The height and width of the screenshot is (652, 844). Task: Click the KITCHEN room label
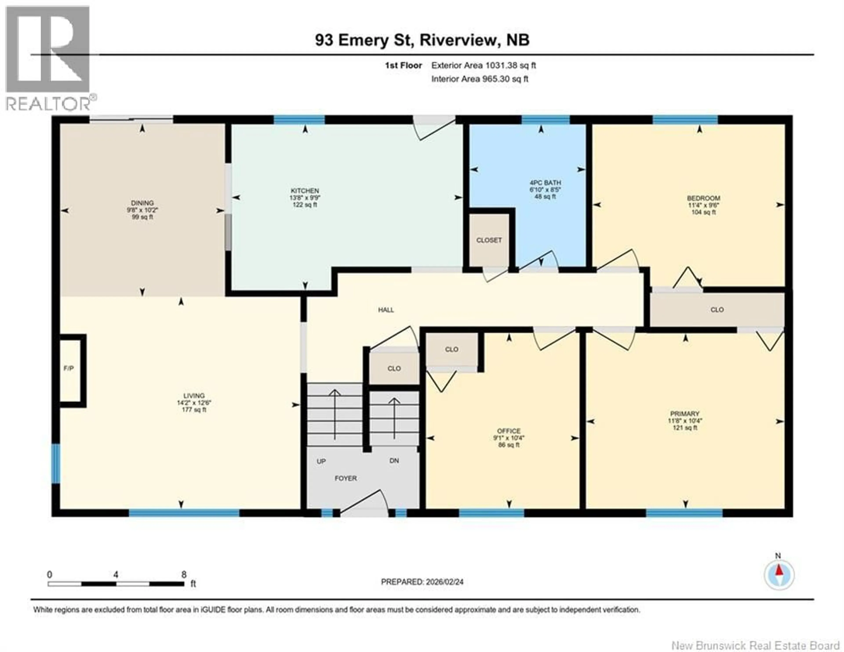coord(305,191)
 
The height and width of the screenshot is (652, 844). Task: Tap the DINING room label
coord(142,203)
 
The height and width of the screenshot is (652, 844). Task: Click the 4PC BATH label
coord(545,183)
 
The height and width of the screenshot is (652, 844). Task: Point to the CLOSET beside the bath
coord(489,240)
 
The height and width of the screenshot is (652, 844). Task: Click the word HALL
coord(386,310)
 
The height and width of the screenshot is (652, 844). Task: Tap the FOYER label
coord(346,478)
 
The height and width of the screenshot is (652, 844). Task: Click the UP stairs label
coord(321,461)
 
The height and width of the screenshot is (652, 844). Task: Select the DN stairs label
coord(394,461)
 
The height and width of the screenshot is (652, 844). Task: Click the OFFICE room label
coord(509,431)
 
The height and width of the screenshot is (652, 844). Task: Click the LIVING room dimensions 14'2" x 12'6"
coord(194,403)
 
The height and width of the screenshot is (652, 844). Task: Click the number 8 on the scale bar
coord(184,574)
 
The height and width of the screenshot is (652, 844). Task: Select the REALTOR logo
coord(48,58)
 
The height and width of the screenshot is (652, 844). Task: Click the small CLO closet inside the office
coord(451,349)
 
